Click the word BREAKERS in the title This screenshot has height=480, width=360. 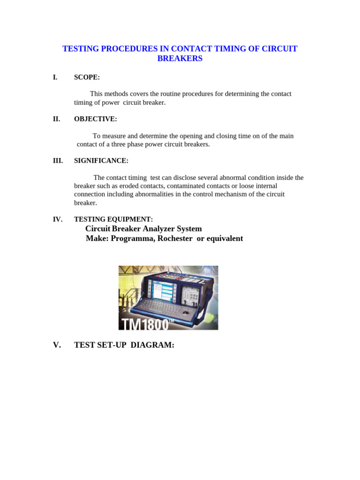(x=180, y=59)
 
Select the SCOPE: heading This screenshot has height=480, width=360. (x=87, y=77)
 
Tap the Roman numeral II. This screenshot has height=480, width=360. (x=57, y=119)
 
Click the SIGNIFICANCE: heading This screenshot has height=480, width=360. (x=101, y=161)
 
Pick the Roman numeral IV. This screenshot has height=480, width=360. (x=58, y=219)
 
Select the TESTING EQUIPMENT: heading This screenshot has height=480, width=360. (x=113, y=219)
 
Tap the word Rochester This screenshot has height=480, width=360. (x=175, y=239)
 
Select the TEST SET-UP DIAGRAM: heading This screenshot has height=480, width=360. (x=124, y=345)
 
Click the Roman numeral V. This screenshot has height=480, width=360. (x=57, y=345)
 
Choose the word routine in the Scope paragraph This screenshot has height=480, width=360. (x=169, y=94)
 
